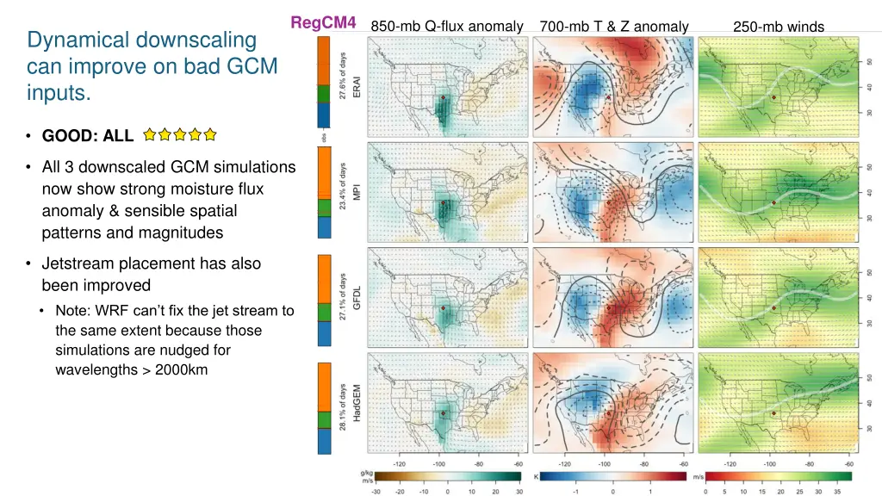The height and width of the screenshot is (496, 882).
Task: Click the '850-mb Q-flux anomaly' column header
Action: click(x=446, y=27)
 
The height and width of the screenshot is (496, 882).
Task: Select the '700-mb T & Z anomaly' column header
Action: click(x=613, y=27)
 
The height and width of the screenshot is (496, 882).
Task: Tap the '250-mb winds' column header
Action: click(x=778, y=27)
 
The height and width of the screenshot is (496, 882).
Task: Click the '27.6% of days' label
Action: click(x=343, y=76)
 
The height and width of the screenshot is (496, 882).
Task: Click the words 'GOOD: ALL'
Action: click(x=88, y=135)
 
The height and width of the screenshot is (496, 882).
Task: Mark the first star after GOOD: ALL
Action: click(x=150, y=134)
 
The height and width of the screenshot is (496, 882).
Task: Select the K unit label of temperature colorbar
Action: click(x=537, y=475)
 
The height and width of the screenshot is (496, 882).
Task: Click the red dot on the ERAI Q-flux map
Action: click(x=443, y=98)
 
